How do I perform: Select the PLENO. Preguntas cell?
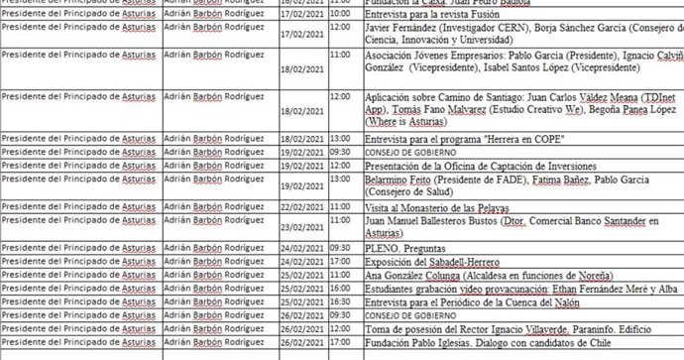(405, 247)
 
